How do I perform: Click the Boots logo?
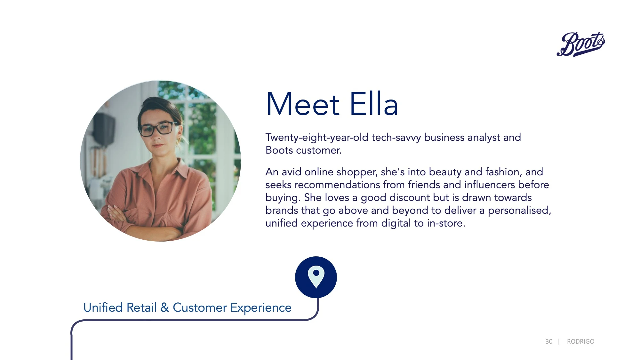(x=581, y=44)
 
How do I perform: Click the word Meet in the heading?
(x=303, y=104)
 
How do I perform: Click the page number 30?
(x=549, y=341)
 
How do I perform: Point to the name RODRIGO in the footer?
(x=580, y=341)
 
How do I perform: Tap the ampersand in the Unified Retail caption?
(x=164, y=307)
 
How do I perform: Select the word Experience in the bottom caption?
(x=261, y=308)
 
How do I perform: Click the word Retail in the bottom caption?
(x=141, y=308)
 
